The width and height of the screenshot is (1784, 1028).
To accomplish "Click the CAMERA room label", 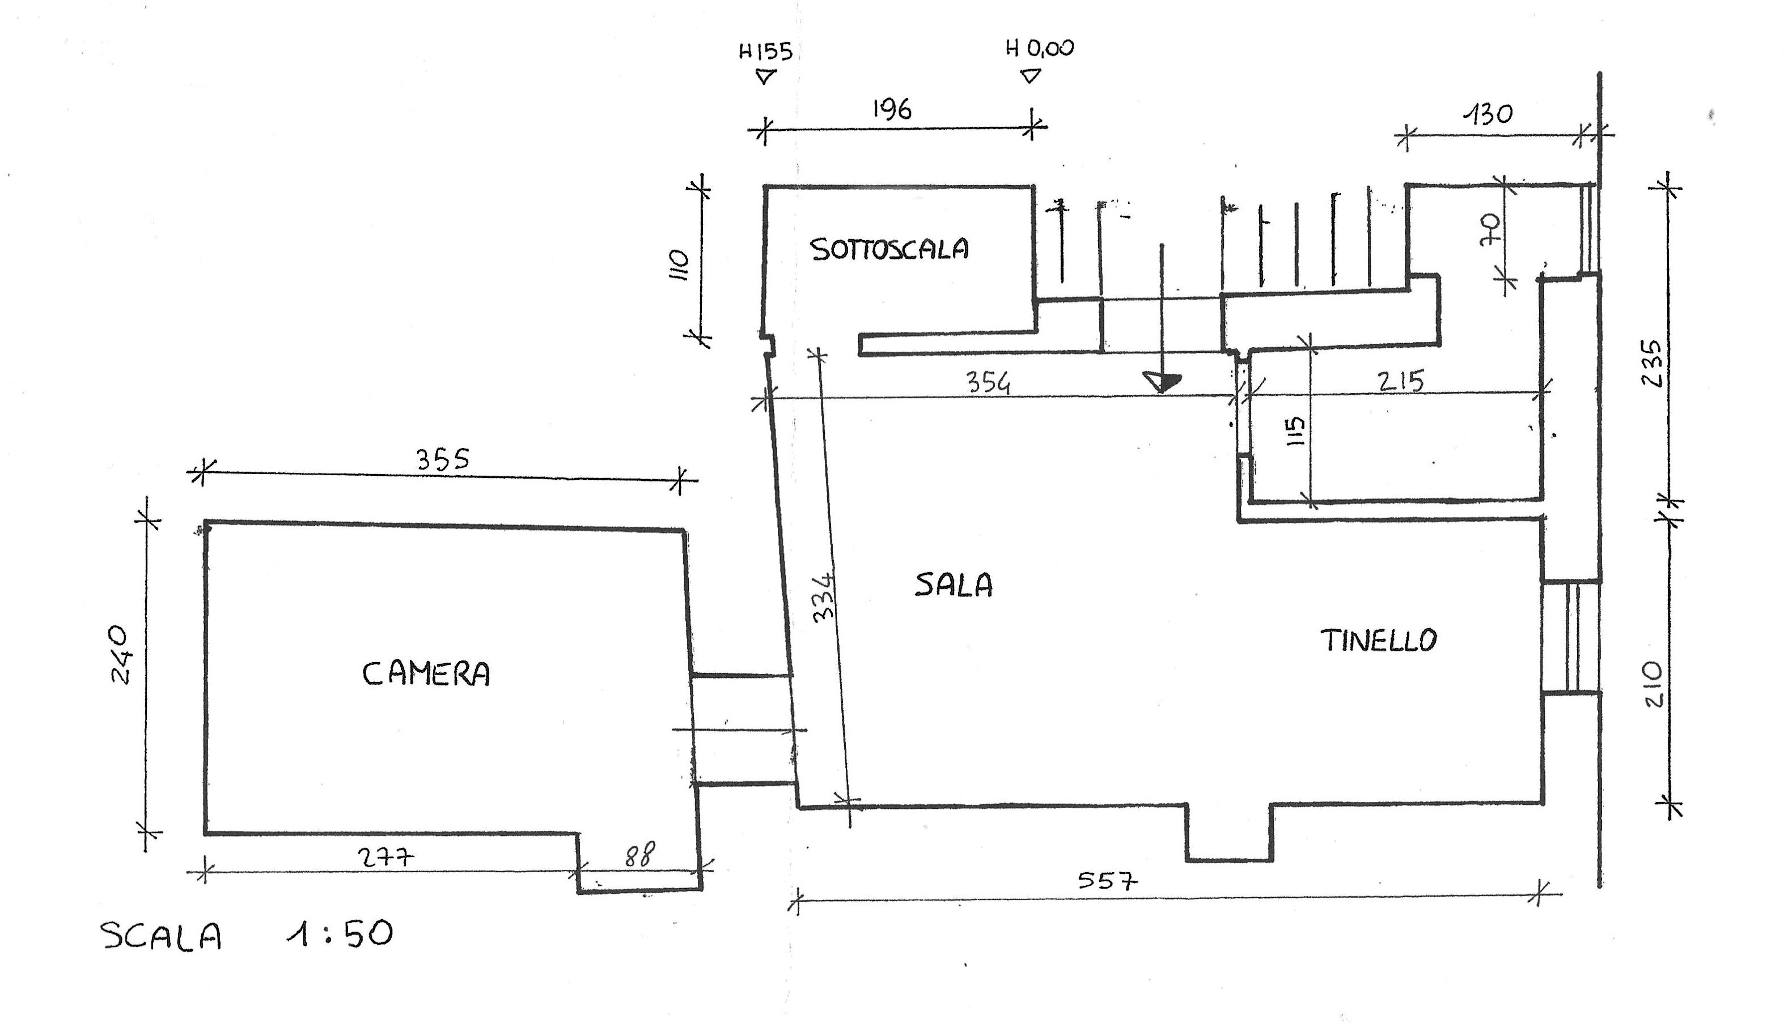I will [426, 673].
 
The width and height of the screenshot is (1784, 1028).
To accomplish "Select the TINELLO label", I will [1378, 641].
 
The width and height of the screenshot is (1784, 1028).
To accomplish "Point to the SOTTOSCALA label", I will [889, 249].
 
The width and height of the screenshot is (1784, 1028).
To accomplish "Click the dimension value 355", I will [443, 460].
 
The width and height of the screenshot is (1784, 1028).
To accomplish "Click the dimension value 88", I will [640, 855].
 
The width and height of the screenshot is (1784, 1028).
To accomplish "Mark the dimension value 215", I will [1401, 381].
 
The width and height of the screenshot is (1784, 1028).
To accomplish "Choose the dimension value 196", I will [892, 109].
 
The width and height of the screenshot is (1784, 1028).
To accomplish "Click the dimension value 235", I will [1651, 363].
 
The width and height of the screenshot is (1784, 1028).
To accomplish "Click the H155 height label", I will [766, 52].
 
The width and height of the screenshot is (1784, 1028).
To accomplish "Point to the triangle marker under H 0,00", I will [1031, 75].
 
